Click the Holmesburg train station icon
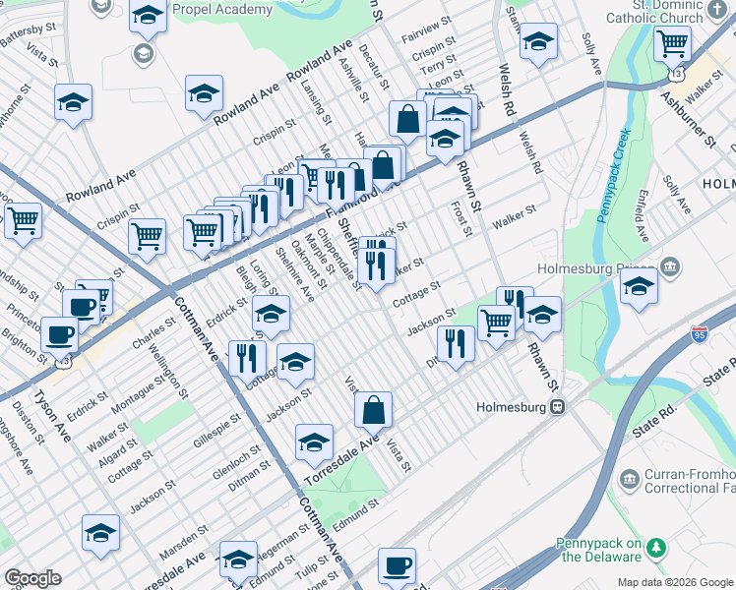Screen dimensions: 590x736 (557, 406)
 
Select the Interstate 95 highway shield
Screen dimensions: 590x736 (700, 335)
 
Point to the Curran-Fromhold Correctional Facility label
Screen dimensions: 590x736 (689, 479)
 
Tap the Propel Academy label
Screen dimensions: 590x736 (221, 10)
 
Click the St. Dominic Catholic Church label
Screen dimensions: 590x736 (668, 12)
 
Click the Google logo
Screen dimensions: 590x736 (32, 577)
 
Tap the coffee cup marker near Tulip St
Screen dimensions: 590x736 (397, 565)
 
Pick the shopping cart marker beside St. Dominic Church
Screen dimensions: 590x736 (672, 42)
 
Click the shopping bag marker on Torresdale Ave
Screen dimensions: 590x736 (373, 409)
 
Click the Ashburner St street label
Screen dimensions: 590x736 (688, 116)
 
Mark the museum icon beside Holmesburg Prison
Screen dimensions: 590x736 (669, 266)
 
